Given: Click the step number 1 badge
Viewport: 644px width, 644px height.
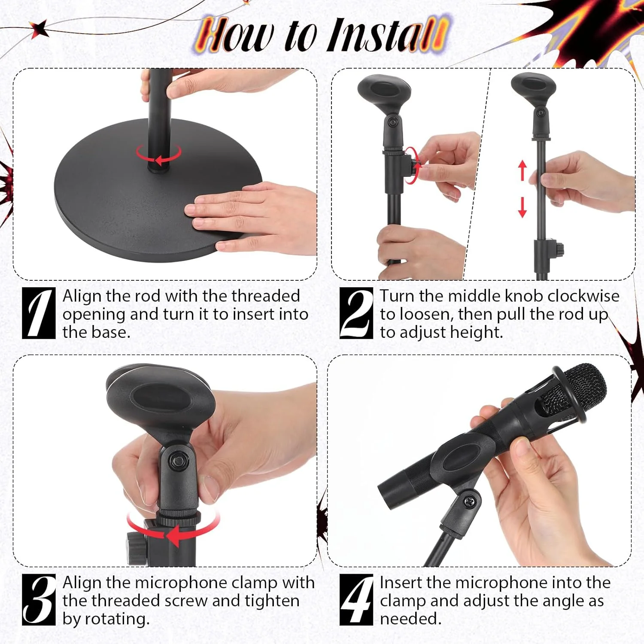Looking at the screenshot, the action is pyautogui.click(x=39, y=313).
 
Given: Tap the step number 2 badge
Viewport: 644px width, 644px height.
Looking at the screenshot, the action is pyautogui.click(x=356, y=313).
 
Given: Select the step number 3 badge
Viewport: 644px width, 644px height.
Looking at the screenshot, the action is pyautogui.click(x=39, y=599).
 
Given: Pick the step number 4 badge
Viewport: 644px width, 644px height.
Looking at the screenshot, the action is pyautogui.click(x=356, y=599).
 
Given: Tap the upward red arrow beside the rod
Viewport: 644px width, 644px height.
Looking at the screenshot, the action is pyautogui.click(x=522, y=170).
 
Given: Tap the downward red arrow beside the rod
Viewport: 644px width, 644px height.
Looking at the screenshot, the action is pyautogui.click(x=522, y=207).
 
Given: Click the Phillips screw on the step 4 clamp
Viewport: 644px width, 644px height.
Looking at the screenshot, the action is pyautogui.click(x=470, y=501).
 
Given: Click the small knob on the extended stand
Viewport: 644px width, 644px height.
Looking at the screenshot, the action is pyautogui.click(x=559, y=249).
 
